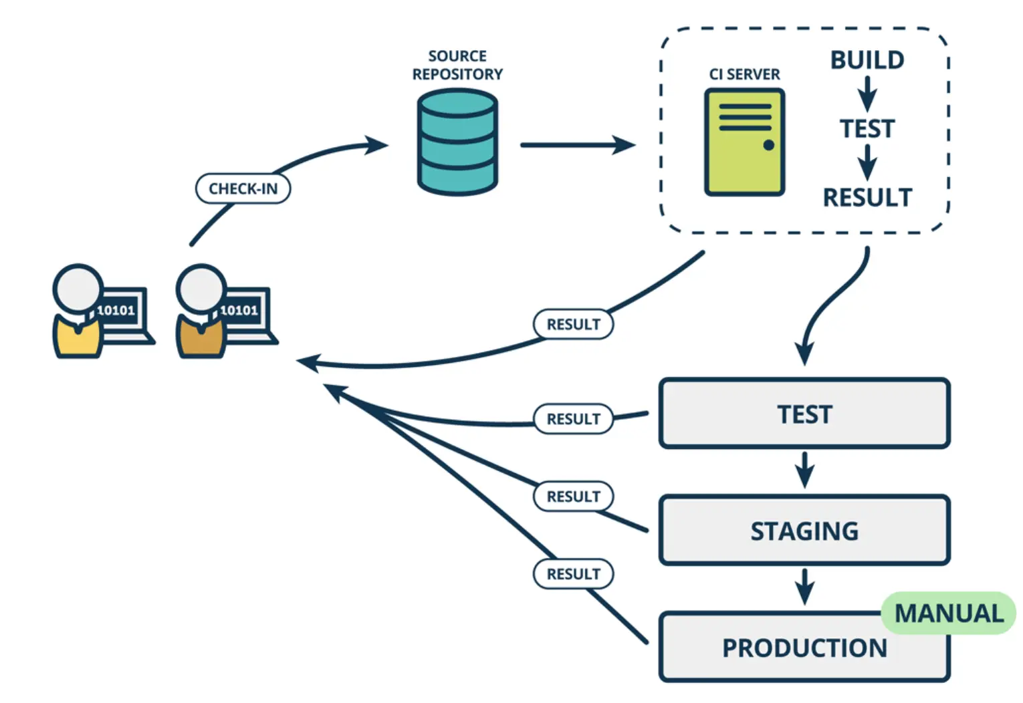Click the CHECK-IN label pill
pyautogui.click(x=243, y=188)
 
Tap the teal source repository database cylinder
pyautogui.click(x=457, y=142)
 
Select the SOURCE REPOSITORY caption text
pyautogui.click(x=457, y=65)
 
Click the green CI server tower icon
pyautogui.click(x=744, y=142)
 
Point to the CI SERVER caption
pyautogui.click(x=744, y=74)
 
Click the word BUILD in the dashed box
pyautogui.click(x=867, y=60)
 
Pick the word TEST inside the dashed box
pyautogui.click(x=867, y=128)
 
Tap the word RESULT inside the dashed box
pyautogui.click(x=867, y=198)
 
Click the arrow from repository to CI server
pyautogui.click(x=576, y=144)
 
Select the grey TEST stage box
pyautogui.click(x=804, y=414)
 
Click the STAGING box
pyautogui.click(x=804, y=531)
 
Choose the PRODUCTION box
pyautogui.click(x=804, y=648)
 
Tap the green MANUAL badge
pyautogui.click(x=949, y=613)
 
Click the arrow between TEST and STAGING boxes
pyautogui.click(x=804, y=470)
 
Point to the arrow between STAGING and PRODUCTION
pyautogui.click(x=804, y=587)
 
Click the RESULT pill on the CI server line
pyautogui.click(x=573, y=324)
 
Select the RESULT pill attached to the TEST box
pyautogui.click(x=573, y=419)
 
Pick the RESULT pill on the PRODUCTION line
pyautogui.click(x=573, y=574)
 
